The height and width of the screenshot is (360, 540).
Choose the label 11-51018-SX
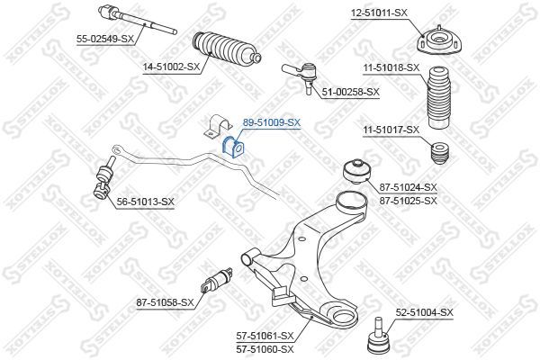(x=391, y=67)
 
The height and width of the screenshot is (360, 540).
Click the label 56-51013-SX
(x=144, y=202)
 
